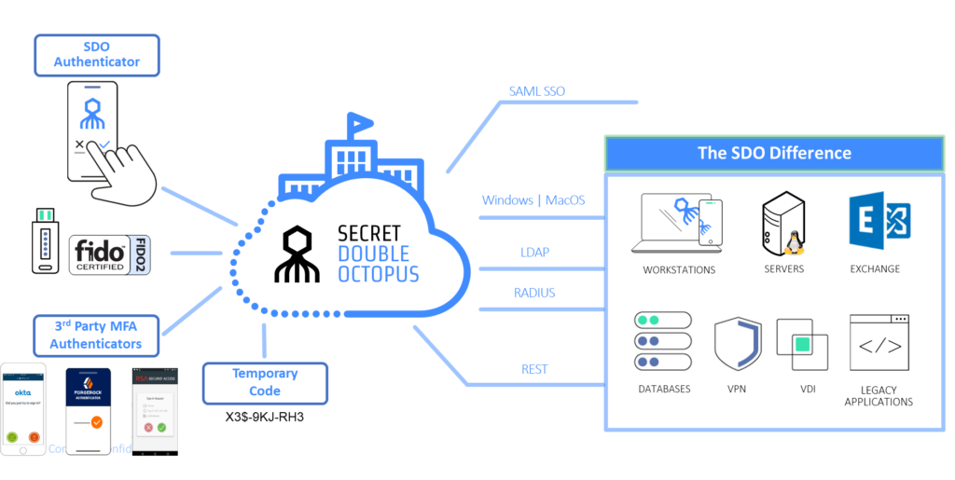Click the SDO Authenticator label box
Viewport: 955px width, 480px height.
pyautogui.click(x=97, y=54)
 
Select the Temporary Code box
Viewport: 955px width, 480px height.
pyautogui.click(x=265, y=382)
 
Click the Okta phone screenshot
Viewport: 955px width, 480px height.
pyautogui.click(x=24, y=409)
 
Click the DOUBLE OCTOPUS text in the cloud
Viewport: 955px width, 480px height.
pyautogui.click(x=373, y=264)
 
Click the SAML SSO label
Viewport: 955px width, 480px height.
pyautogui.click(x=536, y=91)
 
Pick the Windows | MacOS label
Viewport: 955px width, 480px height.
pyautogui.click(x=533, y=200)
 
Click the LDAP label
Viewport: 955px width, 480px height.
pyautogui.click(x=534, y=253)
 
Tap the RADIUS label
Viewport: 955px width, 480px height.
pyautogui.click(x=534, y=293)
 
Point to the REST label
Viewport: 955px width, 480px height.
pyautogui.click(x=534, y=369)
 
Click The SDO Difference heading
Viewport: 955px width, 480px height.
pyautogui.click(x=774, y=153)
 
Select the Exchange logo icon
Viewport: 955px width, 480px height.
pyautogui.click(x=879, y=221)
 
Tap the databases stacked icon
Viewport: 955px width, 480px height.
pyautogui.click(x=662, y=341)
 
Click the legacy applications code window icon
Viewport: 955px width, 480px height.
pyautogui.click(x=879, y=343)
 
